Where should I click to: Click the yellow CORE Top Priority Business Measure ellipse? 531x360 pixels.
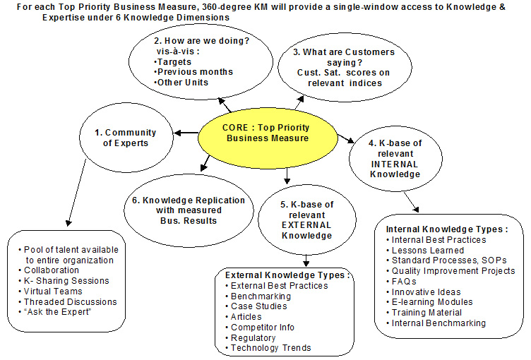[x=267, y=133]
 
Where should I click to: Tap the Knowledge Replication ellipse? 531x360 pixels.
[x=189, y=210]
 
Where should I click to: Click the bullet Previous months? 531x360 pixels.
[x=193, y=72]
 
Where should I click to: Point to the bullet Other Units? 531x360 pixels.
[x=184, y=83]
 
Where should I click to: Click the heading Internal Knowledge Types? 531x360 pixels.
[x=447, y=229]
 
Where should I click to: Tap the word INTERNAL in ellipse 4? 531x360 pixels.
[x=394, y=164]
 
